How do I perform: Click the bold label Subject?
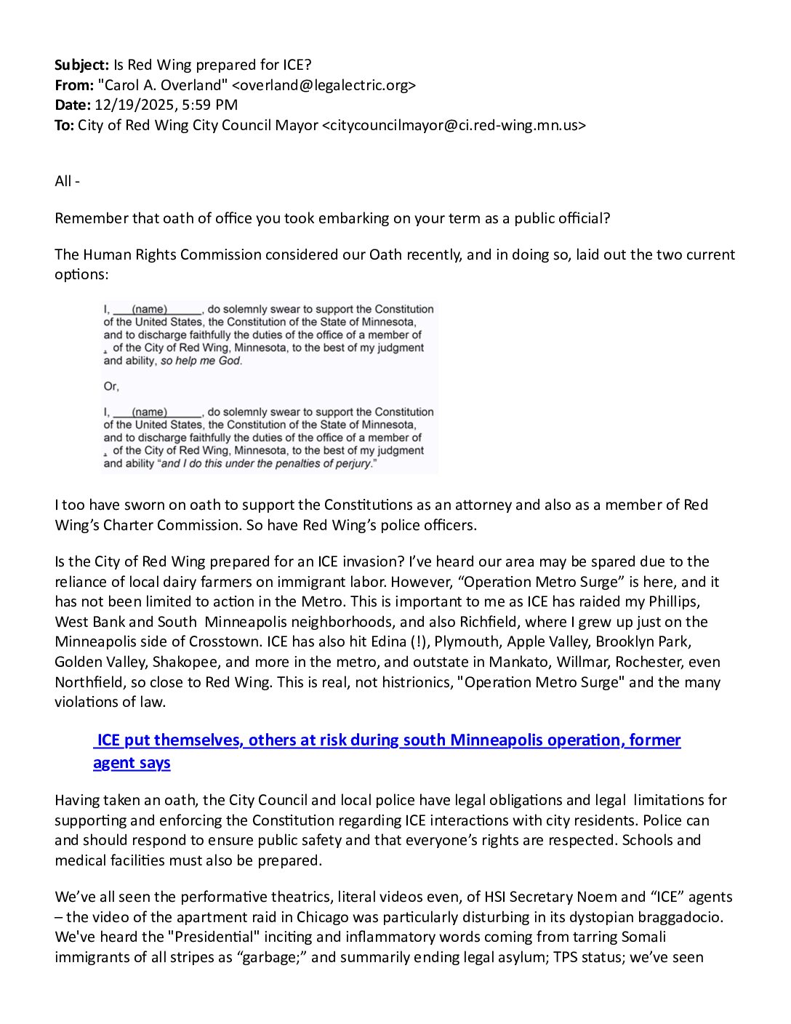coord(81,65)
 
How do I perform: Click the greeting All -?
coord(67,181)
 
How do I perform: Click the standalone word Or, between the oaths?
coord(111,386)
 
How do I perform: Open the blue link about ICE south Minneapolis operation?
coord(388,740)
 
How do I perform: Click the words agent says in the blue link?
coord(132,763)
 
